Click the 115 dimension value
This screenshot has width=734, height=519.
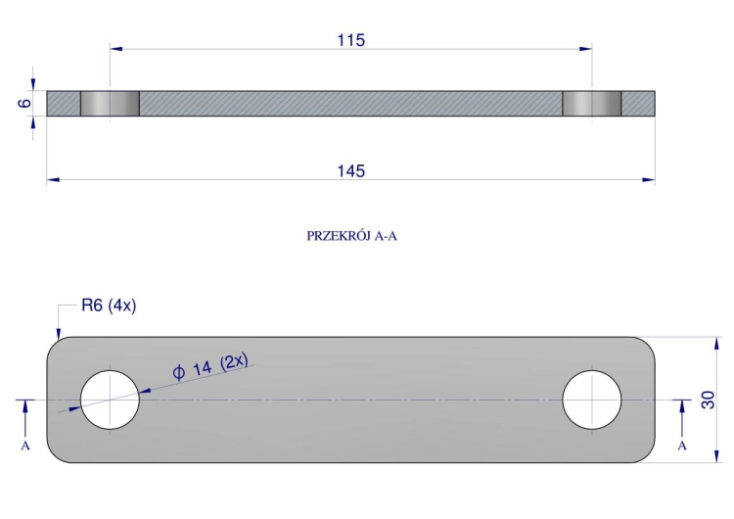pos(351,40)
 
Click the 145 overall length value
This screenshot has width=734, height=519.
pos(351,171)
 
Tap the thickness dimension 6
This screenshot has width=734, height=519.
pos(24,103)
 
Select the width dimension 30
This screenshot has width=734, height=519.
pos(709,400)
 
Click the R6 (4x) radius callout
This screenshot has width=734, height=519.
pos(109,306)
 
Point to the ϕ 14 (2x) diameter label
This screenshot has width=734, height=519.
pos(210,366)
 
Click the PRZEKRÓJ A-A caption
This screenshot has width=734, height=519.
pos(351,236)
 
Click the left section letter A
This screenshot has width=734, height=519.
pos(25,446)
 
